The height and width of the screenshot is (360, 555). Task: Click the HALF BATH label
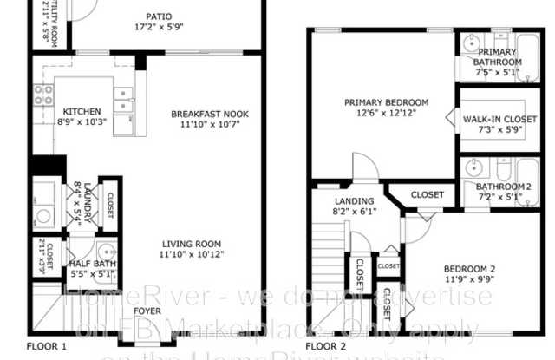coord(92,265)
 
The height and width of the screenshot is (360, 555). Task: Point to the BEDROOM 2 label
coord(469,268)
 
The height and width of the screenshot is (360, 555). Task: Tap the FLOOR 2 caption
coord(326,346)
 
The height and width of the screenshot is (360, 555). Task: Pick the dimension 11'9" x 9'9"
coord(469,279)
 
